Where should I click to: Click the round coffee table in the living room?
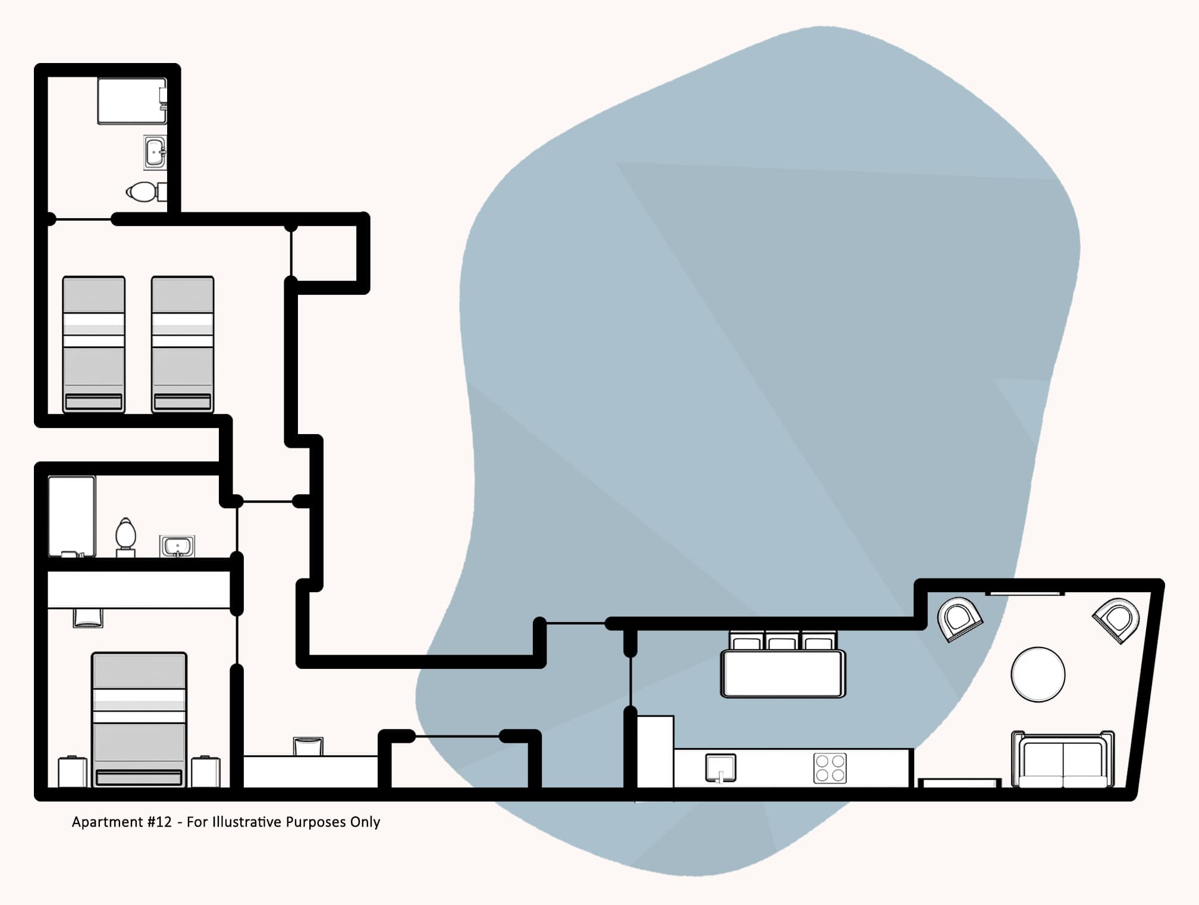coord(1038,674)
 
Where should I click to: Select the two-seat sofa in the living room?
coord(1063,761)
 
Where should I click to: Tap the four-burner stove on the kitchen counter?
coord(830,768)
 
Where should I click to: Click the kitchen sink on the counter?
coord(720,768)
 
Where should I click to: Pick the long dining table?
coord(783,674)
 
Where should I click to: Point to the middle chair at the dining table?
coord(781,641)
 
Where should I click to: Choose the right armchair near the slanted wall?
coord(1117,620)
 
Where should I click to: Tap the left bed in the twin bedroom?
coord(94,344)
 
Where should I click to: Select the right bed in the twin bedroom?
coord(183,344)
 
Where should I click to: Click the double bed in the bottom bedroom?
coord(139,719)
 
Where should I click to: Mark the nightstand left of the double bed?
coord(73,771)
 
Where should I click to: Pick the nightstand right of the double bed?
coord(206,771)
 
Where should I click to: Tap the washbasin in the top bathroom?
coord(155,152)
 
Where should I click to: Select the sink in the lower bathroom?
coord(177,546)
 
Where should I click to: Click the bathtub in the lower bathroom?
coord(72,516)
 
